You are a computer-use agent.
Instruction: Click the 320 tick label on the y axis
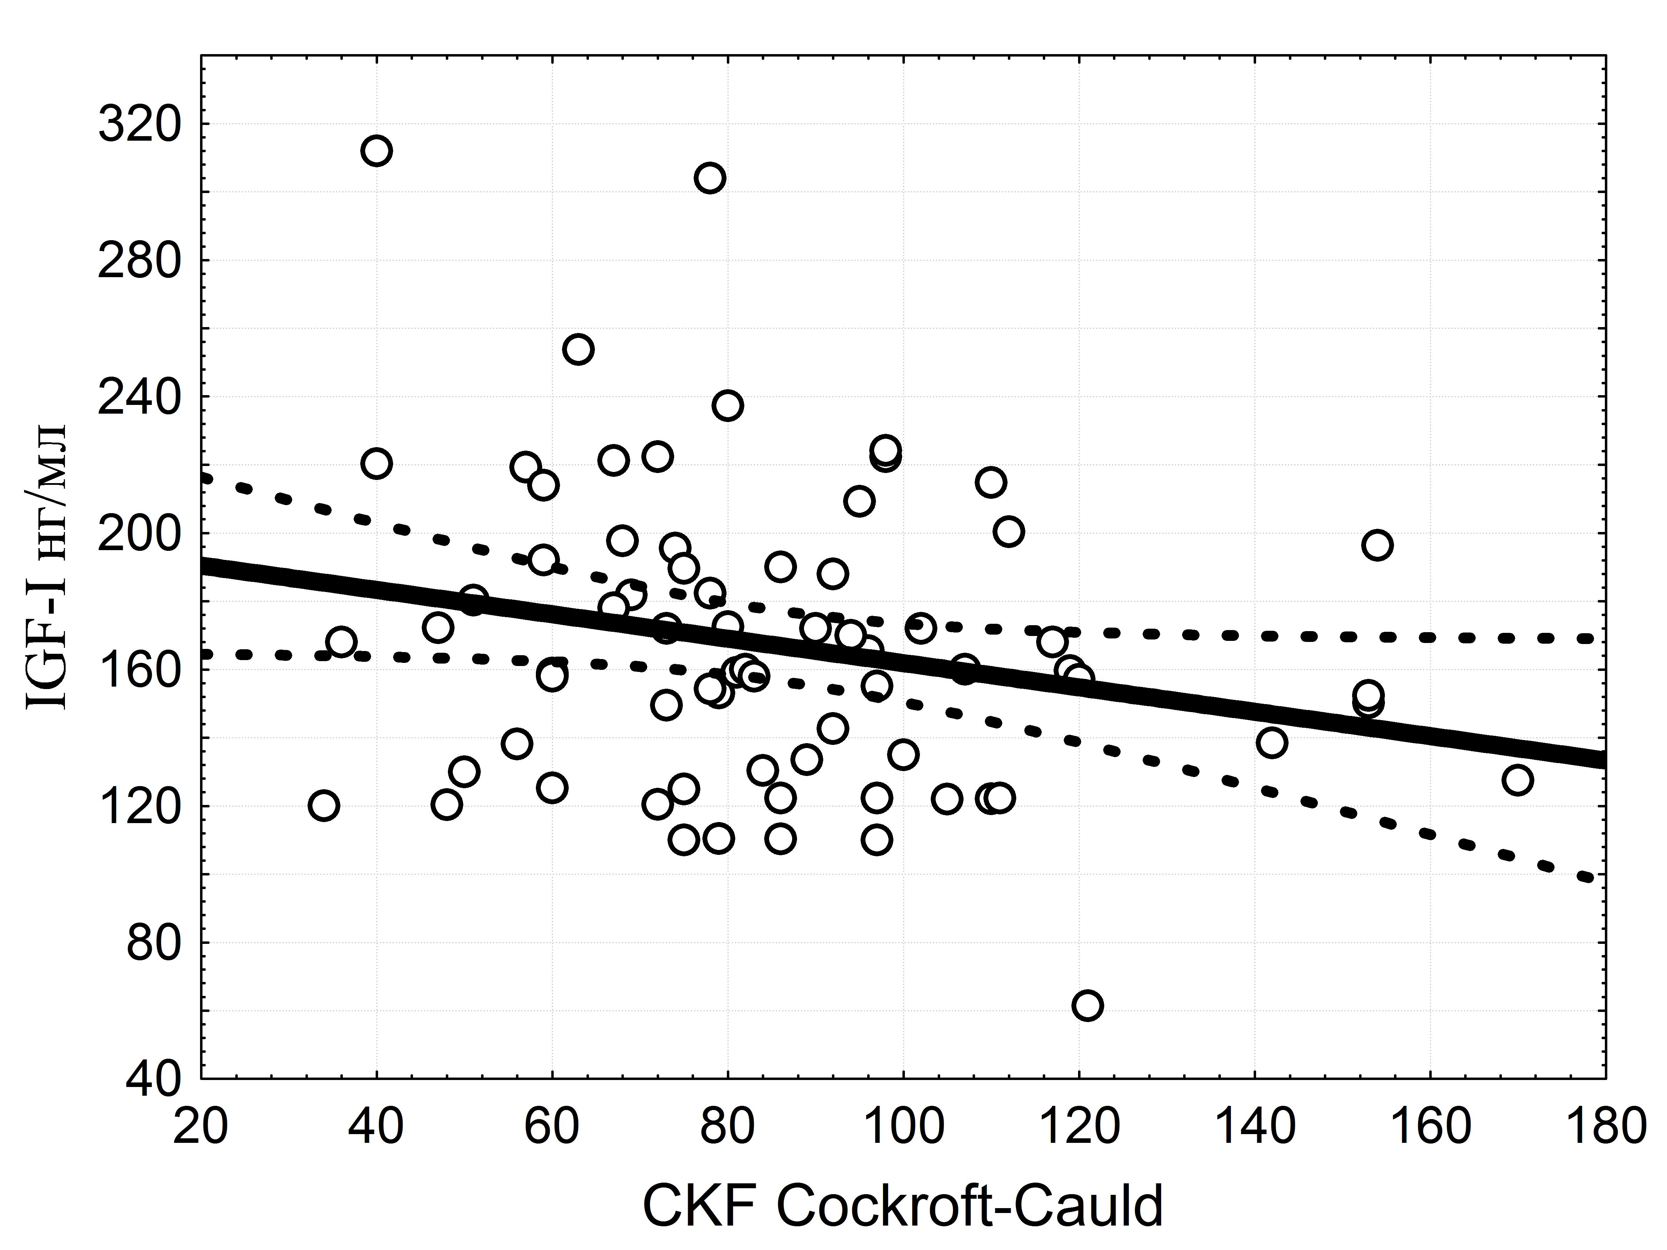(140, 125)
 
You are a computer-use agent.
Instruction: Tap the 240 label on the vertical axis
(140, 398)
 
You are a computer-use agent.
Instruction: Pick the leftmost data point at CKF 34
(323, 805)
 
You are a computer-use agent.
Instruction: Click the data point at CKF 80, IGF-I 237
(727, 405)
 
